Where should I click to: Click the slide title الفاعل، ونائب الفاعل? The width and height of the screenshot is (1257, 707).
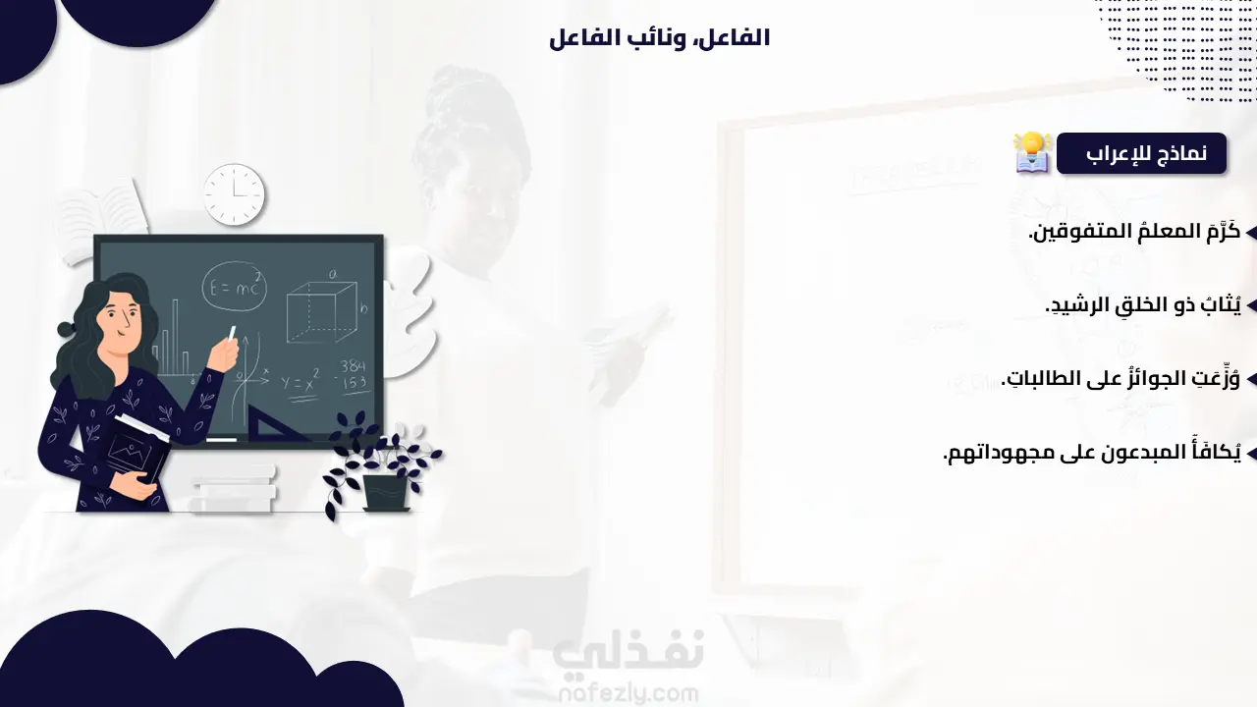click(x=659, y=38)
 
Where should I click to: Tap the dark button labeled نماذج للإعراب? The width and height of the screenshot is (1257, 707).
click(x=1141, y=153)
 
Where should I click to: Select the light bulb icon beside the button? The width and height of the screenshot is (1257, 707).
click(x=1031, y=152)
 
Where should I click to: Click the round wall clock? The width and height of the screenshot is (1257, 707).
click(x=234, y=194)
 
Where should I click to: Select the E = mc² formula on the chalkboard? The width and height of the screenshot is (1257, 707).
click(x=234, y=287)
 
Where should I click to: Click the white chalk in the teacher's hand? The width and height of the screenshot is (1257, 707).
click(x=232, y=333)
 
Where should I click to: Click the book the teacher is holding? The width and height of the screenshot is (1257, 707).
click(x=137, y=449)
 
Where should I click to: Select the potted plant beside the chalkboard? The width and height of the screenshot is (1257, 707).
click(x=382, y=464)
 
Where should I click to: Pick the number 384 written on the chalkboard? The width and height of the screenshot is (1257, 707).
click(x=353, y=366)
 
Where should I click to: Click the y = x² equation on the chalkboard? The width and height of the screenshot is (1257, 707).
click(x=301, y=381)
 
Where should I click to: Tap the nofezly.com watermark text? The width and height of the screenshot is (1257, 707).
click(x=628, y=694)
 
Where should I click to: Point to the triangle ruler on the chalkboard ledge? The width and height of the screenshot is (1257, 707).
click(x=274, y=425)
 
